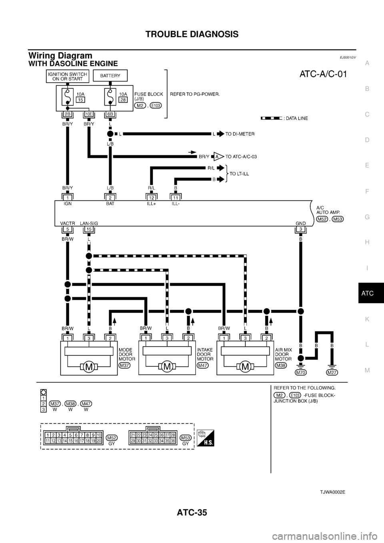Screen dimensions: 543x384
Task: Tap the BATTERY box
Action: [x=110, y=76]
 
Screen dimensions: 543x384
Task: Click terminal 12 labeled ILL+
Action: [x=151, y=197]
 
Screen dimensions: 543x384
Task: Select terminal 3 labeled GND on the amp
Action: [x=300, y=229]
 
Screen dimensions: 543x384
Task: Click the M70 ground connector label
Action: [x=301, y=373]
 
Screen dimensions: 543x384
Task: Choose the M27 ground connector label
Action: [x=332, y=373]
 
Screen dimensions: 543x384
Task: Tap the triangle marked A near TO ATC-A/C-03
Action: [x=217, y=157]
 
